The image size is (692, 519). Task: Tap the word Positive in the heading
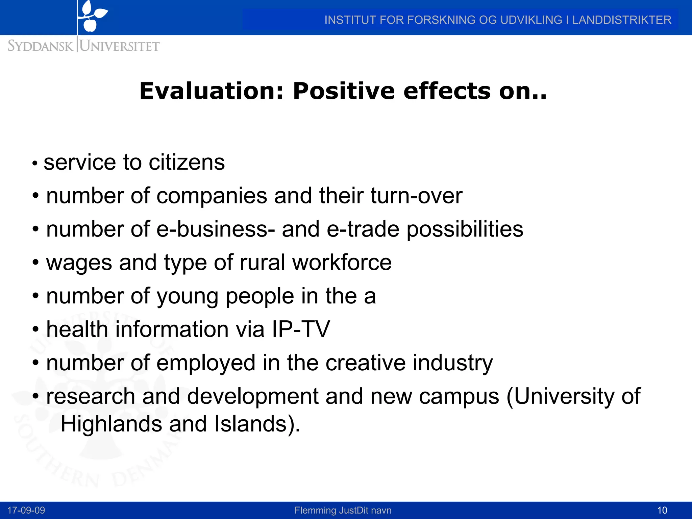pyautogui.click(x=344, y=91)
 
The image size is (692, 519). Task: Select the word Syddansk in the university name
pyautogui.click(x=40, y=46)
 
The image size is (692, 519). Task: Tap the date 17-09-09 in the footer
pyautogui.click(x=26, y=510)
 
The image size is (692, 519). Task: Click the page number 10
pyautogui.click(x=662, y=510)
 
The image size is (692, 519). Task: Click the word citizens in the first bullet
pyautogui.click(x=187, y=162)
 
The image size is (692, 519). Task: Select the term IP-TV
pyautogui.click(x=301, y=329)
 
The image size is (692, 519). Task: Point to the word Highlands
pyautogui.click(x=111, y=424)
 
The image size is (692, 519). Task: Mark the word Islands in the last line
pyautogui.click(x=250, y=424)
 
